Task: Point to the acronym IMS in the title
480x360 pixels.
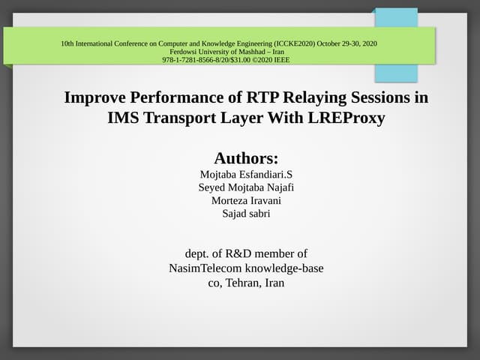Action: pyautogui.click(x=124, y=118)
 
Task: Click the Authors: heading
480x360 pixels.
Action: pyautogui.click(x=246, y=158)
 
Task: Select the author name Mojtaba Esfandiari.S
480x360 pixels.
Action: pyautogui.click(x=246, y=174)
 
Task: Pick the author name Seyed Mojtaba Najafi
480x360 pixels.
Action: pyautogui.click(x=246, y=187)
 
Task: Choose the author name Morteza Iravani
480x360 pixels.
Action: pyautogui.click(x=246, y=201)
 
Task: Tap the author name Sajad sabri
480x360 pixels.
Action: pyautogui.click(x=246, y=214)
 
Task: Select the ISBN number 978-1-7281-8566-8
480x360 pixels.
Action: pyautogui.click(x=191, y=58)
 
